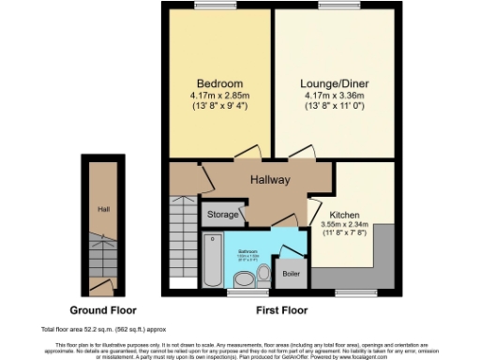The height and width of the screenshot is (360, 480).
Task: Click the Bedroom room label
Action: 219,82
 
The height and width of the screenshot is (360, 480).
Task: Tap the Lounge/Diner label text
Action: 335,82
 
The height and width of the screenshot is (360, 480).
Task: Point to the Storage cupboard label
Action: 223,215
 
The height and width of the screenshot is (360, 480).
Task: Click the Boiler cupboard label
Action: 292,273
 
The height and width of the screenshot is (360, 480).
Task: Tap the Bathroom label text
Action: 247,252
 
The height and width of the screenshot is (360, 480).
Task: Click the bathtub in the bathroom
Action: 213,262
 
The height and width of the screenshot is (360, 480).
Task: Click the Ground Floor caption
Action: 104,309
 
